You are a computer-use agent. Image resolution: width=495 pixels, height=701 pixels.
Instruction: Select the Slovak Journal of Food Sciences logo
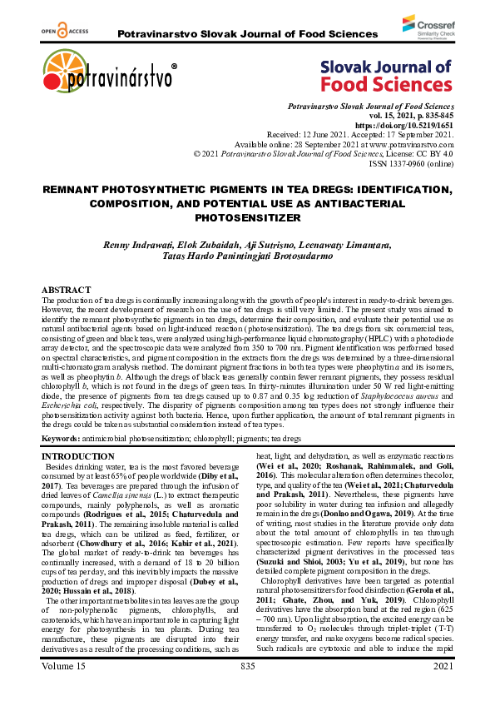point(387,75)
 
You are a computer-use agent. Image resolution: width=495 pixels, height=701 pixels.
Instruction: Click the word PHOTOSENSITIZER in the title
point(247,218)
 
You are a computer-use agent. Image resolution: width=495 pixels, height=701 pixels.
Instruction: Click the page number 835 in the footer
point(247,690)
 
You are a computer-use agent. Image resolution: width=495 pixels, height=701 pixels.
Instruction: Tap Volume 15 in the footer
point(68,690)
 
